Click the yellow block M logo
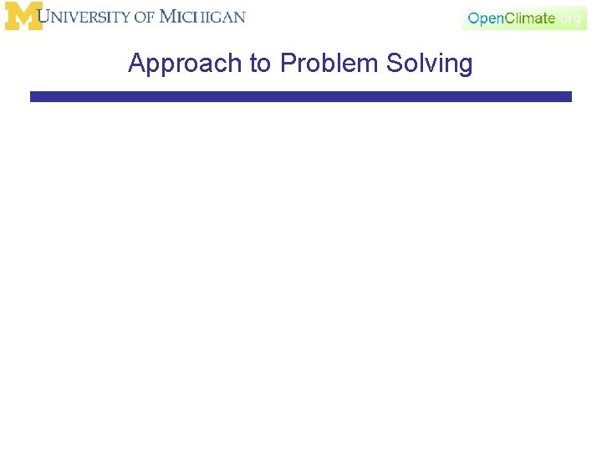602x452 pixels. tap(23, 16)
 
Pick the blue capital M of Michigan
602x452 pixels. tap(167, 17)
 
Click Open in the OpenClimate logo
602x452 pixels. tap(487, 18)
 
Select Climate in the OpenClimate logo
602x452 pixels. tap(530, 18)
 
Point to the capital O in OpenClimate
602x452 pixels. tap(473, 18)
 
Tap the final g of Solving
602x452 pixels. tap(465, 66)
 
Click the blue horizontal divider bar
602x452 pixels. tap(301, 97)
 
